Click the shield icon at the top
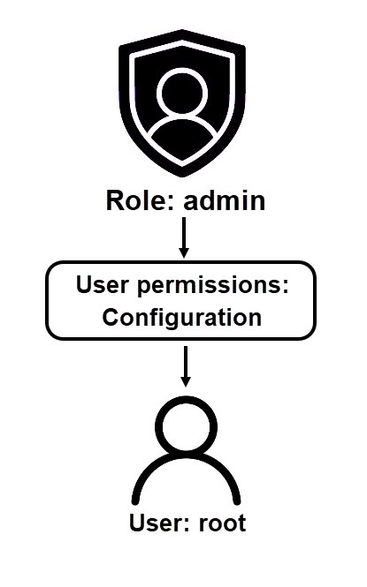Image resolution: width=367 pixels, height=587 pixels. (182, 103)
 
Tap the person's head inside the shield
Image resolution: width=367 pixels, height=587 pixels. (182, 92)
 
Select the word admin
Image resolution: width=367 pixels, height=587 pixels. (224, 200)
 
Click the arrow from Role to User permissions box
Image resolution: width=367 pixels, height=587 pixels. (184, 237)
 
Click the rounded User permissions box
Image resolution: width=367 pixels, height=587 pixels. (181, 301)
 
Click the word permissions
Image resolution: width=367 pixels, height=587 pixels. (209, 286)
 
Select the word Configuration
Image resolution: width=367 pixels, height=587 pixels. (182, 318)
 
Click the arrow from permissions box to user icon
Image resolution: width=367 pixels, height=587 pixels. (186, 366)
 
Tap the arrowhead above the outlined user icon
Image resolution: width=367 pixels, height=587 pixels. (186, 381)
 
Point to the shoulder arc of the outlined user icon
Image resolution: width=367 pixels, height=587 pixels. (186, 457)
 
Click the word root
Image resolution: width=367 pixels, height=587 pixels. (222, 523)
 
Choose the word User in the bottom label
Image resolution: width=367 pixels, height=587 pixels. (157, 523)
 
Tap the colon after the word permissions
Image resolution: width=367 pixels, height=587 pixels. (285, 287)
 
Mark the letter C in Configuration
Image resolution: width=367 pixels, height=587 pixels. (111, 318)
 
